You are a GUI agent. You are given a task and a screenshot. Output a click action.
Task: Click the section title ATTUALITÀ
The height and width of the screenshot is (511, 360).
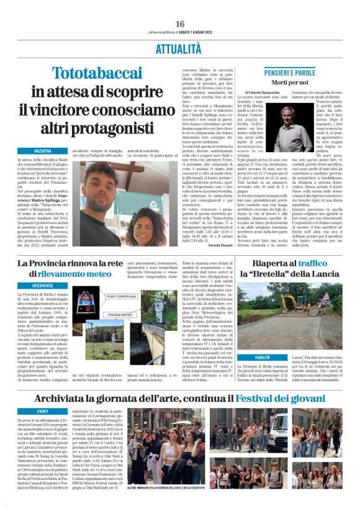point(180,48)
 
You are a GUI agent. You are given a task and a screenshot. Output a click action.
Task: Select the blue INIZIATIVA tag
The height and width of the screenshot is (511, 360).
point(43,151)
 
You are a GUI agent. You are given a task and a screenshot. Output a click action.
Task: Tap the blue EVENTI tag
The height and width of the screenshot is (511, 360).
point(43,411)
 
